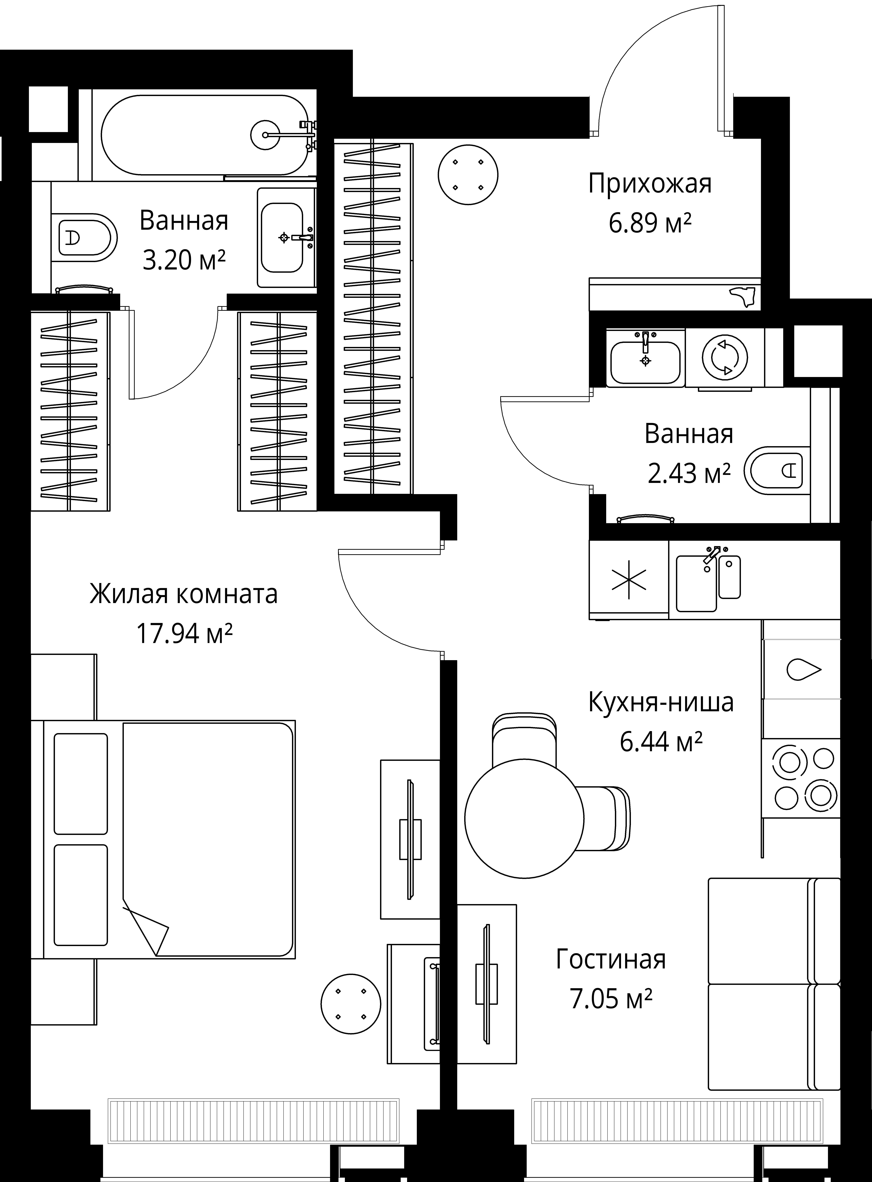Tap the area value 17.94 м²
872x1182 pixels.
(x=184, y=633)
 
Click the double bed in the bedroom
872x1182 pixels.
(x=169, y=839)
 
